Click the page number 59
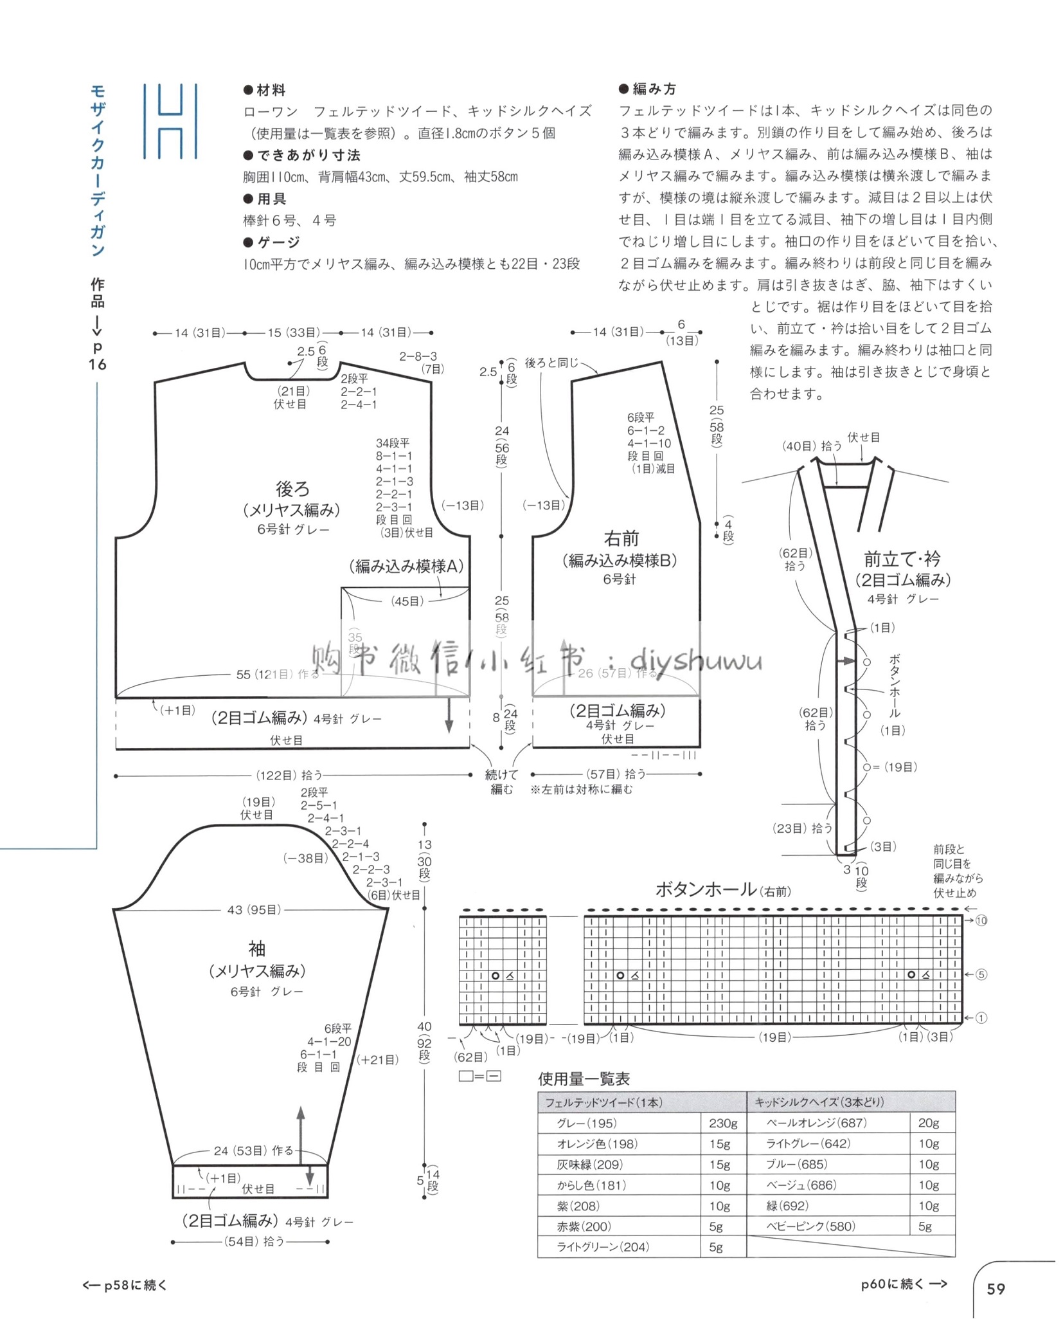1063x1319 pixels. [x=996, y=1288]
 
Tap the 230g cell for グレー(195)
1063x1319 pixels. [x=723, y=1122]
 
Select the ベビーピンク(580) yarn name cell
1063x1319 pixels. [x=810, y=1226]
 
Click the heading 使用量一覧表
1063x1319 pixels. [x=584, y=1078]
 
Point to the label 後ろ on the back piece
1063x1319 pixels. [x=292, y=489]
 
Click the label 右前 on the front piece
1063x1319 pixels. [x=621, y=538]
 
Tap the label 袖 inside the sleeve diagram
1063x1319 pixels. [x=256, y=948]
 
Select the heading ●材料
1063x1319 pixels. [x=265, y=90]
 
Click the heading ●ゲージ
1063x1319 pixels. [x=272, y=242]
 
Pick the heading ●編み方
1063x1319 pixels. [x=648, y=89]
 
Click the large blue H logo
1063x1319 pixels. [x=170, y=121]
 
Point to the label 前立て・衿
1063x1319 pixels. [x=902, y=558]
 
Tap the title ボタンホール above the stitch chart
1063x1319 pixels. [x=706, y=889]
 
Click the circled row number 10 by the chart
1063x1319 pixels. [x=981, y=920]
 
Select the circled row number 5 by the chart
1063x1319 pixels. [x=981, y=974]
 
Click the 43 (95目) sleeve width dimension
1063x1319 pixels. [x=254, y=909]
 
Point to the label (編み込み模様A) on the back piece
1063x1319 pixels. [x=406, y=566]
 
